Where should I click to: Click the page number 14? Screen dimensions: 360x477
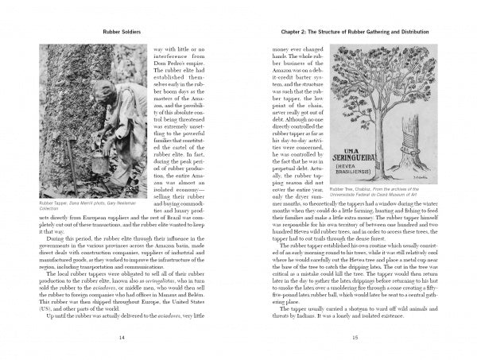click(120, 337)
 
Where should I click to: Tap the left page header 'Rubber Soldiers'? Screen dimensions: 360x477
click(120, 33)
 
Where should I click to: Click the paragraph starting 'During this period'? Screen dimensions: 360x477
click(120, 258)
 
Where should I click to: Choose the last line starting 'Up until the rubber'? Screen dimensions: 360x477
click(120, 316)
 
